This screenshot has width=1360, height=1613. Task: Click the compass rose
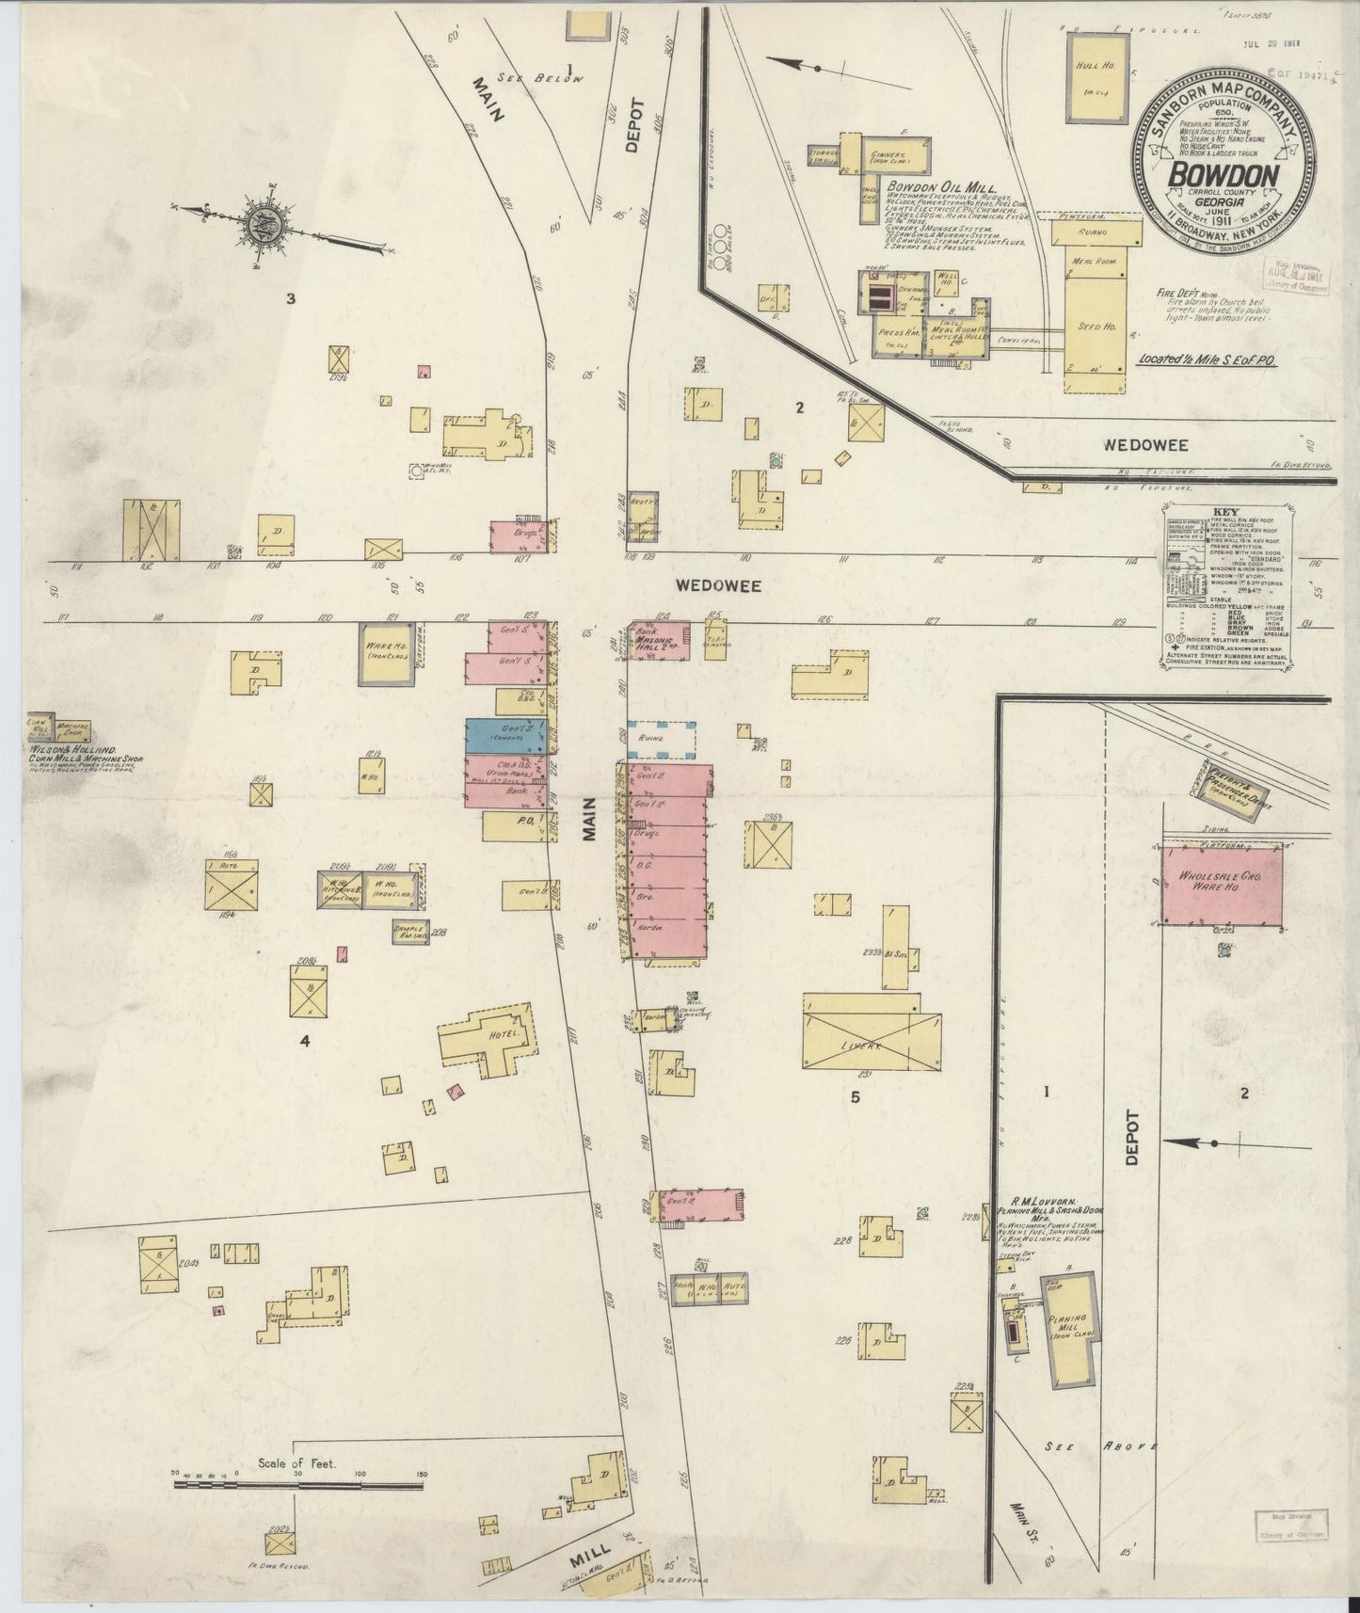click(x=261, y=223)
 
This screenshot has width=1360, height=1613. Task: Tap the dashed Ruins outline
click(x=662, y=740)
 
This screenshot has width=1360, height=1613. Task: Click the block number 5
click(x=855, y=1096)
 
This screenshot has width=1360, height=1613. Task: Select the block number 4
click(x=305, y=1041)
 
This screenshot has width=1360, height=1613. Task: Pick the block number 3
click(x=292, y=299)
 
